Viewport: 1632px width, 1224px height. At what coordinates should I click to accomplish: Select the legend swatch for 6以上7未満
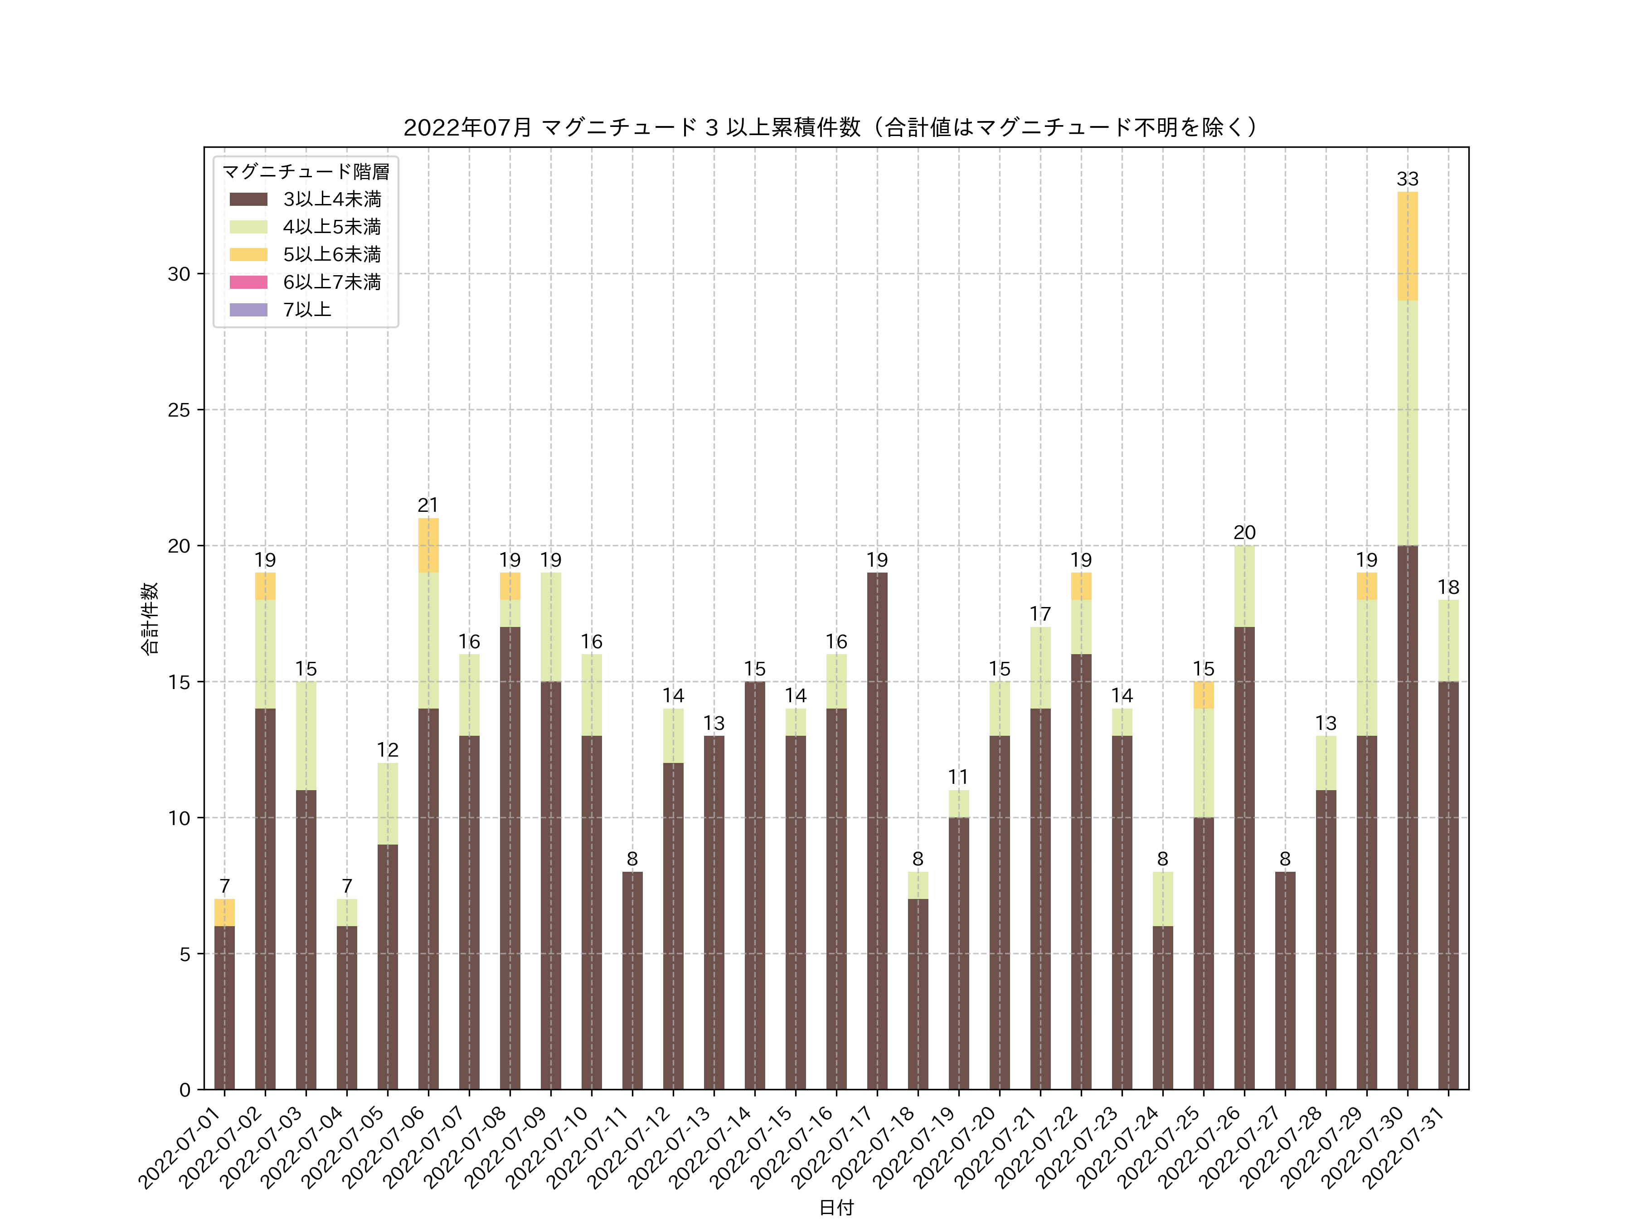tap(248, 282)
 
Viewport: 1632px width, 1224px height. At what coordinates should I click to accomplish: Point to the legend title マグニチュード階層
tap(306, 172)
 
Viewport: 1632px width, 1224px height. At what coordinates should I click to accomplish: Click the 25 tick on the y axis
tap(179, 410)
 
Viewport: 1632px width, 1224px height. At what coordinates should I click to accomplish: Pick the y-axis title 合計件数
tap(149, 618)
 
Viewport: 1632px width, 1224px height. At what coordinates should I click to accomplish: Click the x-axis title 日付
tap(836, 1207)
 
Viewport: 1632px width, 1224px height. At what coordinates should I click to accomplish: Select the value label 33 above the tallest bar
tap(1407, 179)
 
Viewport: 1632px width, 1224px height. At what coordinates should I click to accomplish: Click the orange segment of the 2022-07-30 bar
tap(1407, 246)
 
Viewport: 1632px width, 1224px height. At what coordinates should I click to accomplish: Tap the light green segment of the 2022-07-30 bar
tap(1407, 423)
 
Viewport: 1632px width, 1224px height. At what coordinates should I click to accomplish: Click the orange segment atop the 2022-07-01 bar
tap(224, 912)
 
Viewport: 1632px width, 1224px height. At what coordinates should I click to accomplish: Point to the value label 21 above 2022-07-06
tap(428, 505)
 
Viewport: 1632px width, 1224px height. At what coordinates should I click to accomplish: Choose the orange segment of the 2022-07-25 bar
tap(1203, 695)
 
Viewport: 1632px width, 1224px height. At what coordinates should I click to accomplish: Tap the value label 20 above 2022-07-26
tap(1244, 533)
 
